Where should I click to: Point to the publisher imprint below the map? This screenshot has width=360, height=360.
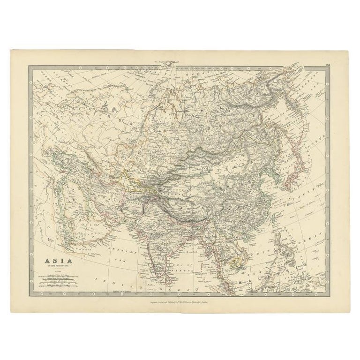[x=180, y=297]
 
